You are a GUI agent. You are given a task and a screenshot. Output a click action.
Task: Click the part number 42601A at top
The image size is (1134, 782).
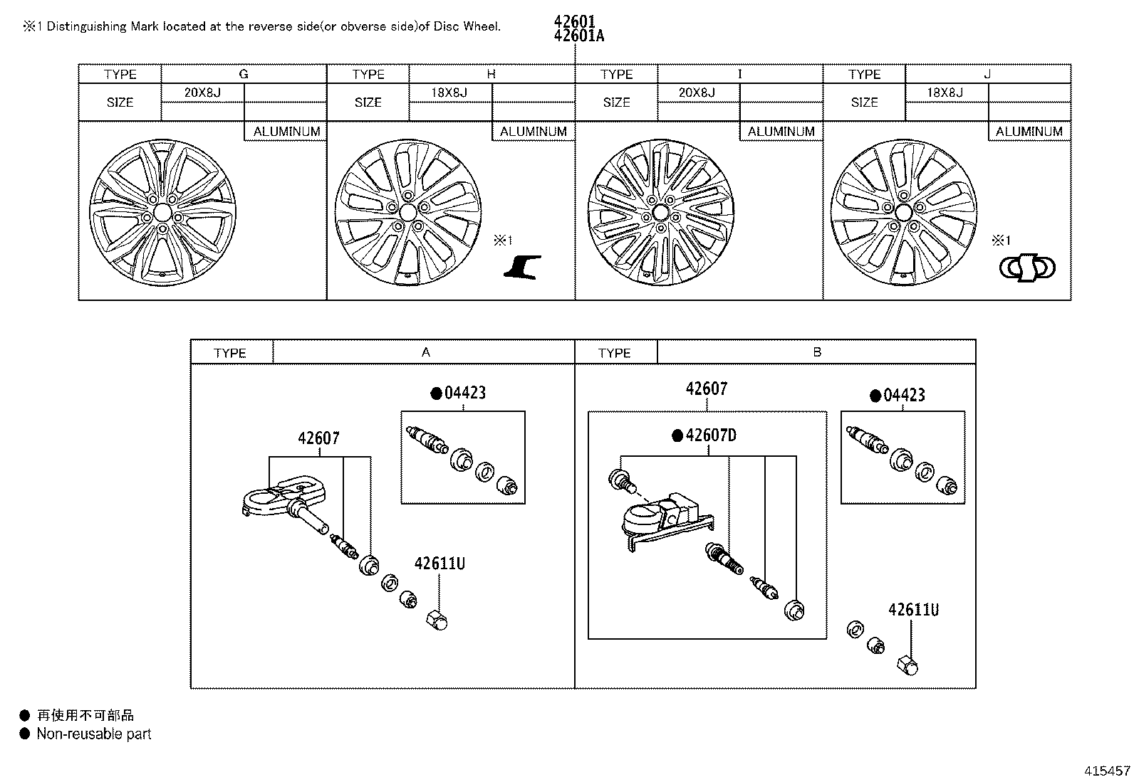click(578, 36)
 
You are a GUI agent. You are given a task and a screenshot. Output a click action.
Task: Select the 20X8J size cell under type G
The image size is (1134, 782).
click(202, 93)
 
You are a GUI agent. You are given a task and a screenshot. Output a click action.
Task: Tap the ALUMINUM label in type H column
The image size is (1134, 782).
click(533, 132)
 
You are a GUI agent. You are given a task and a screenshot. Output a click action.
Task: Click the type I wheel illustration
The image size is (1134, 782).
click(660, 213)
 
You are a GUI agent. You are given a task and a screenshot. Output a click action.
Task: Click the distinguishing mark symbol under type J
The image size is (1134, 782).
click(1027, 268)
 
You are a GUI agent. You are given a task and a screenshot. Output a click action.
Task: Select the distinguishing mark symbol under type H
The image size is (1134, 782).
click(523, 267)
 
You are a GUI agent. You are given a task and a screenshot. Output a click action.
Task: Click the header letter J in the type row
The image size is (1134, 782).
click(987, 74)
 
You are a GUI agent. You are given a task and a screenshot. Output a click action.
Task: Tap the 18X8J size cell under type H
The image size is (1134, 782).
click(450, 93)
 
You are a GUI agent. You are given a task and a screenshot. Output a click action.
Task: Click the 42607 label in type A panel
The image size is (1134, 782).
click(318, 438)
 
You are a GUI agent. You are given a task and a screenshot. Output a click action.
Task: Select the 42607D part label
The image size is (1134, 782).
click(710, 435)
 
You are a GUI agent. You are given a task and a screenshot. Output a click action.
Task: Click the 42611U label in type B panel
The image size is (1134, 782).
click(913, 610)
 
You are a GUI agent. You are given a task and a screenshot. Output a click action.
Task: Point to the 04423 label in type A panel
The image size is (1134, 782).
click(464, 393)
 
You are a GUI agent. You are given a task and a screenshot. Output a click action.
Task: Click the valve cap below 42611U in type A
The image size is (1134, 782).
click(438, 620)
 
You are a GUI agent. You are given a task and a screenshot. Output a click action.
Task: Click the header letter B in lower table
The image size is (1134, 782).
click(816, 352)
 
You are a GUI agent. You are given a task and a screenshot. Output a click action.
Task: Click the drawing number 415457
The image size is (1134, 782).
click(1107, 771)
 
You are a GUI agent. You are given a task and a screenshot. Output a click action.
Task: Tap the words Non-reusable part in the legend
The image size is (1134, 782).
click(94, 734)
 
